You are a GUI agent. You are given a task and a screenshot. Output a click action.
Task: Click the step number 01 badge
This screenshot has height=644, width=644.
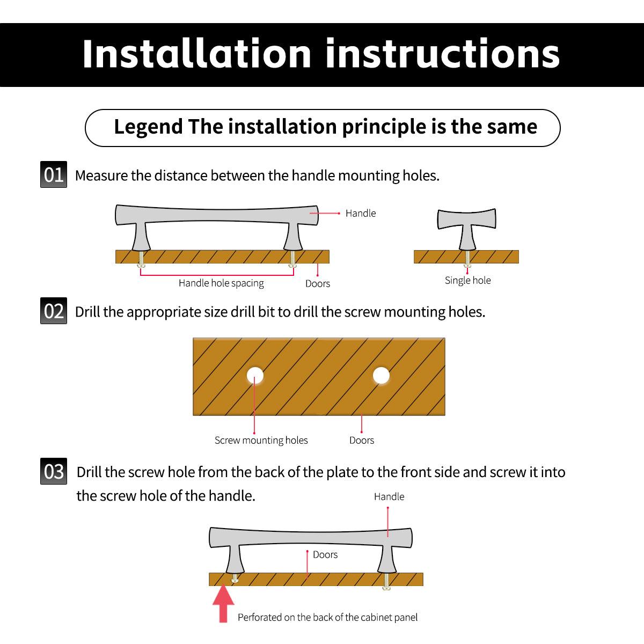point(54,174)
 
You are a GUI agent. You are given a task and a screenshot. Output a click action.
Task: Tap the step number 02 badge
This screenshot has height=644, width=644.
point(54,311)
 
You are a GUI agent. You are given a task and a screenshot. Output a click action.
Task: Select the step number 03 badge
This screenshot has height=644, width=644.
point(54,471)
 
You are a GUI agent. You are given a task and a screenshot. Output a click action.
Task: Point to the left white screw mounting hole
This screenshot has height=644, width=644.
point(255,375)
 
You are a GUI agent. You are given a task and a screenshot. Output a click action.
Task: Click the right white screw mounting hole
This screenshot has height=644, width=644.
point(381,375)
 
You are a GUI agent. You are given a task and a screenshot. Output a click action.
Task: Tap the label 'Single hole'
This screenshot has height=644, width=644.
point(467,280)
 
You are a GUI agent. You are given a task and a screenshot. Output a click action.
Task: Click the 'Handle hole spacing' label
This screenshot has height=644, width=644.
point(221,283)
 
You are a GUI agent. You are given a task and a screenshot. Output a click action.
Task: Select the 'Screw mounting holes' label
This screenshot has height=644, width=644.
point(261,441)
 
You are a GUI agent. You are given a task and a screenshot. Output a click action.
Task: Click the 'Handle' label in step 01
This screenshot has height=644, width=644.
point(361,213)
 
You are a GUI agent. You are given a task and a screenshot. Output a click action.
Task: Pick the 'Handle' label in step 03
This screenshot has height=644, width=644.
point(389,496)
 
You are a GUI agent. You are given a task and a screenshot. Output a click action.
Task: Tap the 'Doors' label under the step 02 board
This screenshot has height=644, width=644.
point(362,441)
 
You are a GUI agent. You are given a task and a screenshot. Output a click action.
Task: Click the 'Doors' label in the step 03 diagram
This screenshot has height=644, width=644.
point(325,555)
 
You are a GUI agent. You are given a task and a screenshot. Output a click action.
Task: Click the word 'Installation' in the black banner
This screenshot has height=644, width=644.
point(197,54)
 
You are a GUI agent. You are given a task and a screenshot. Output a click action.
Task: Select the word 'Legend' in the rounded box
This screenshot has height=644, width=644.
point(148,127)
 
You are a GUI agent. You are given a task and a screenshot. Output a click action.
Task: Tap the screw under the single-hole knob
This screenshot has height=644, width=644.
point(467,259)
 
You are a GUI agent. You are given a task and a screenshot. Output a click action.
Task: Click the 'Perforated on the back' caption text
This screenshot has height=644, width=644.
point(327,617)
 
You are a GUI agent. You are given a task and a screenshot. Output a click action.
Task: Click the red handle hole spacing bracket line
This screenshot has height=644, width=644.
point(217,275)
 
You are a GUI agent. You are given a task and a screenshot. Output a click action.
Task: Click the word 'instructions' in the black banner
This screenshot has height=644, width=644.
point(443,54)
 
